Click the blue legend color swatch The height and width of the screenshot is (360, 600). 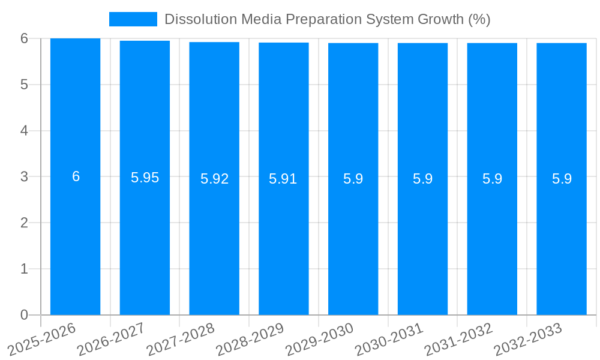133,19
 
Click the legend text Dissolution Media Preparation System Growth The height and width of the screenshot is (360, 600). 327,19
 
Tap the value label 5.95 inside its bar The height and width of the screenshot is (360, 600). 145,178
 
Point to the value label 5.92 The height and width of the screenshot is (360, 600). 214,179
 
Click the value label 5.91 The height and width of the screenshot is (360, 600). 283,179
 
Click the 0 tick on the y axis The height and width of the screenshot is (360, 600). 24,315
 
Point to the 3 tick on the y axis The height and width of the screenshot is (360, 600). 24,177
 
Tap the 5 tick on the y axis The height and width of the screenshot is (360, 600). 24,85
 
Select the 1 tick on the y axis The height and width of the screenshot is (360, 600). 24,269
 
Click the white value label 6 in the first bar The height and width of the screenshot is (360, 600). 76,176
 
